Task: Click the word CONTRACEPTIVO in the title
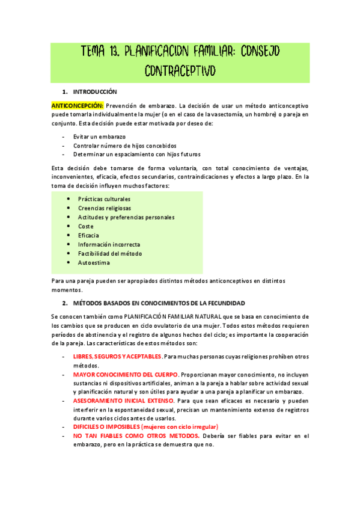click(x=180, y=72)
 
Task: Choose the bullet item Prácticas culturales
click(x=104, y=198)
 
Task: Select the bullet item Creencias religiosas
click(x=104, y=208)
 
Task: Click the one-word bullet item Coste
click(x=85, y=226)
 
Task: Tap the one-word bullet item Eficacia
click(x=88, y=235)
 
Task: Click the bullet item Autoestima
click(x=94, y=263)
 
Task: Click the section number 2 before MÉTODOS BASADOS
click(x=64, y=303)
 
